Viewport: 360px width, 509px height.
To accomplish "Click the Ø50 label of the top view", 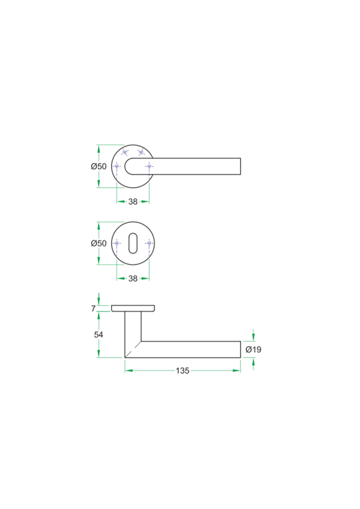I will tap(99, 166).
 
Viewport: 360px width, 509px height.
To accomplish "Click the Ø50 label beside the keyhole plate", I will tap(99, 243).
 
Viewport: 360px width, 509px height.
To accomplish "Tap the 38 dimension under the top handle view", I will tap(133, 202).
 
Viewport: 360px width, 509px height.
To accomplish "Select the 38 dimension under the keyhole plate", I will tap(133, 278).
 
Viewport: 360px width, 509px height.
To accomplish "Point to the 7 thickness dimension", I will tap(93, 308).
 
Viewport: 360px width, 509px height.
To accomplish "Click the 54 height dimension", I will tap(99, 334).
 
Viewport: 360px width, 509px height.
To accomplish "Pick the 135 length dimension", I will tap(182, 371).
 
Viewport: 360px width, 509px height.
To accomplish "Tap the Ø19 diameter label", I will tap(253, 350).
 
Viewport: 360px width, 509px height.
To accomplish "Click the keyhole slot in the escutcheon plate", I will tap(133, 243).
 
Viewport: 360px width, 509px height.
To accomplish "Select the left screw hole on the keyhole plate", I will tap(117, 243).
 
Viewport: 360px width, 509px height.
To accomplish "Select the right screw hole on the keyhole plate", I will tap(149, 243).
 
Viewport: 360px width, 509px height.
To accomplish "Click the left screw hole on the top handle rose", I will tap(117, 166).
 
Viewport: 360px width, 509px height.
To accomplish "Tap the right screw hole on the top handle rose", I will tap(149, 166).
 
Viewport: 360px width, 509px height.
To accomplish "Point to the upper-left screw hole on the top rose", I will tap(125, 152).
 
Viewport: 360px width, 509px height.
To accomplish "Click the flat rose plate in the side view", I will tap(133, 308).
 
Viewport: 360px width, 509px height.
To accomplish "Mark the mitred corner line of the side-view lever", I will tap(133, 349).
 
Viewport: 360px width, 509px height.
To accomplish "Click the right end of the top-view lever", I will tap(240, 166).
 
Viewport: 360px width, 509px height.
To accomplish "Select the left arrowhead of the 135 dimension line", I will tap(128, 371).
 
